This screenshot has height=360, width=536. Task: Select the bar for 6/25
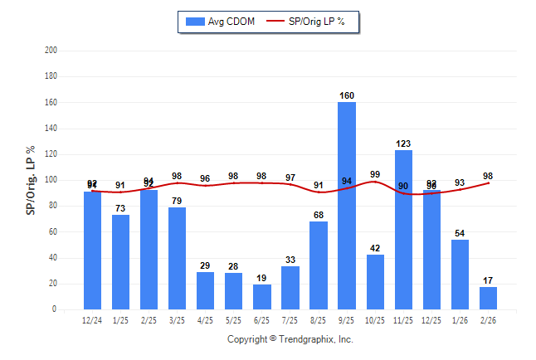tap(262, 297)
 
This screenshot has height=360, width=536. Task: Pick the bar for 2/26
tap(488, 298)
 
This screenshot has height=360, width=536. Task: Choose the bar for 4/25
tap(206, 290)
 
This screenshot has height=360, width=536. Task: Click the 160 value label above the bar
tap(347, 95)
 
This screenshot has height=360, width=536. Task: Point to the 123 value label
tap(403, 144)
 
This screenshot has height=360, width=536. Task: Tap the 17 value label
tap(488, 280)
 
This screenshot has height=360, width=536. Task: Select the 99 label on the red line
tap(375, 174)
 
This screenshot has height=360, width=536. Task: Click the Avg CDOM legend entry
tap(220, 21)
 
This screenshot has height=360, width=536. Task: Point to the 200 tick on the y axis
tap(51, 51)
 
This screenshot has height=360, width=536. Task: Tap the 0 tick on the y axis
tap(55, 309)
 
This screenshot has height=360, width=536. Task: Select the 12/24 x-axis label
tap(93, 319)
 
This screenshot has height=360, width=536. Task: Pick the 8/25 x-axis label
tap(319, 319)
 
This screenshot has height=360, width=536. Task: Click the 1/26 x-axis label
tap(460, 319)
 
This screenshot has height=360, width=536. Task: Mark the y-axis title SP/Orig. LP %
tap(31, 180)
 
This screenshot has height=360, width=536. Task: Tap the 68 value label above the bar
tap(319, 216)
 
